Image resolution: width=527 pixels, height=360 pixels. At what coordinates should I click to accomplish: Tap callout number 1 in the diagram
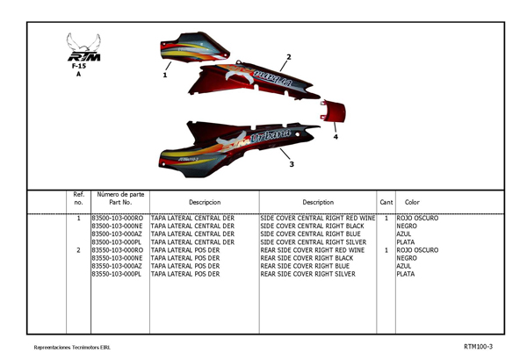coord(165,76)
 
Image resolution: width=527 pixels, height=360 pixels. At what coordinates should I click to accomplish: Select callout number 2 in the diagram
coord(288,57)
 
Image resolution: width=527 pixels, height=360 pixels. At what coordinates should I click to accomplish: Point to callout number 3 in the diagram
coord(292,164)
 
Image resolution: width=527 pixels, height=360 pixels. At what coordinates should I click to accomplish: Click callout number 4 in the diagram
coord(336,137)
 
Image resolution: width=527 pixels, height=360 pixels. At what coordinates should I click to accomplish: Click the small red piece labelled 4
coord(334,112)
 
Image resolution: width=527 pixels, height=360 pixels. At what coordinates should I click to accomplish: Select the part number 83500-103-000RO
coord(117,218)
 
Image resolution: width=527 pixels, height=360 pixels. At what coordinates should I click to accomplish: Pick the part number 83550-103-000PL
coord(117,274)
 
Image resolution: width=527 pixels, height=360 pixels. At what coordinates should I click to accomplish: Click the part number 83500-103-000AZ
coord(117,234)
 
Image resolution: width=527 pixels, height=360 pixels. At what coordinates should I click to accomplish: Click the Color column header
coord(412,202)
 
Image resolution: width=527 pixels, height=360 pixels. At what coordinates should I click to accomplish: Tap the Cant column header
coord(386,202)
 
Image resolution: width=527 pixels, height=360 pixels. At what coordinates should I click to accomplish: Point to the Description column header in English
coord(317,202)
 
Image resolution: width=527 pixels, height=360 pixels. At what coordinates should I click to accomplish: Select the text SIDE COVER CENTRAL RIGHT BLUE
coord(311,234)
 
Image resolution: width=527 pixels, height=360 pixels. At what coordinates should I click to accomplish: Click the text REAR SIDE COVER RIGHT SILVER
coord(308,274)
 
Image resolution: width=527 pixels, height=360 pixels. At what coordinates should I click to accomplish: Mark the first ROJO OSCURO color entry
coord(418,218)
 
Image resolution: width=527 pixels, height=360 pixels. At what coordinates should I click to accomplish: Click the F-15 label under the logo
coord(79,65)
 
